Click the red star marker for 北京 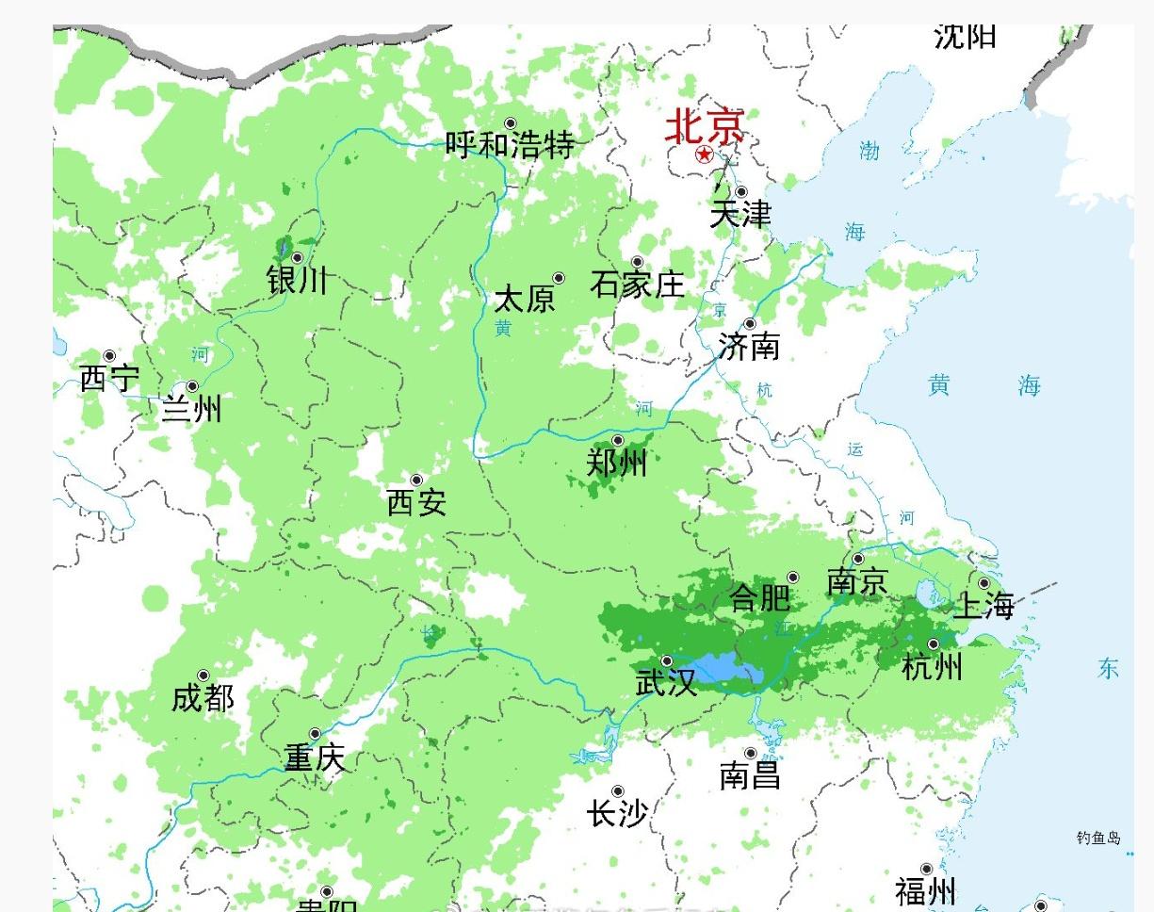(704, 155)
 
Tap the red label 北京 (705, 127)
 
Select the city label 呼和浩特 (510, 145)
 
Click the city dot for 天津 (741, 192)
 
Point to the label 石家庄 (638, 284)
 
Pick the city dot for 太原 (559, 278)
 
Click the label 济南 (749, 347)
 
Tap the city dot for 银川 (297, 257)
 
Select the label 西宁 (109, 379)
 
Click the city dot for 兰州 (192, 386)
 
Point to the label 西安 (416, 503)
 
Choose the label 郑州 (617, 464)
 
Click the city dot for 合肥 (793, 578)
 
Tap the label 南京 (857, 582)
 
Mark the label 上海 (984, 606)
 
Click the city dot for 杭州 (934, 644)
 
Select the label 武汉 (667, 683)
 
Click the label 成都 (203, 698)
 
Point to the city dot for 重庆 (316, 734)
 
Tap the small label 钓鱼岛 (1098, 838)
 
